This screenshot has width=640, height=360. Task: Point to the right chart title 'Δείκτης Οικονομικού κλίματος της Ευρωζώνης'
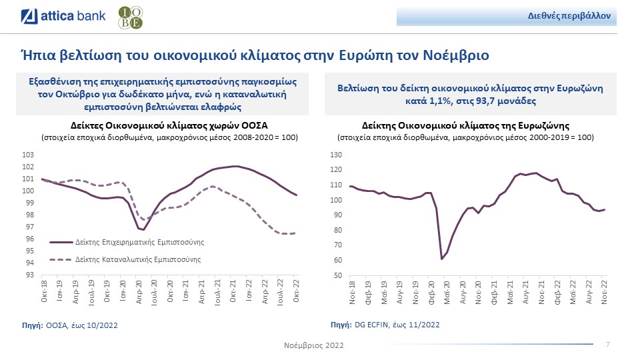pos(465,125)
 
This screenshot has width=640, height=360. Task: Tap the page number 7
pos(607,344)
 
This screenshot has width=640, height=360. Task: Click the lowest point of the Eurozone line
pos(442,259)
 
